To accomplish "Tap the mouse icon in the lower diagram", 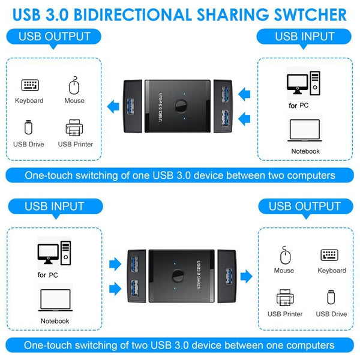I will coord(284,256).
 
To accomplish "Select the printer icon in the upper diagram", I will coord(75,128).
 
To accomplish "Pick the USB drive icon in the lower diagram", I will coord(331,298).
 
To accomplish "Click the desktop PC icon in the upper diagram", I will coord(302,83).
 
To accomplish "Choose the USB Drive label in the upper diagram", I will coord(28,144).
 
